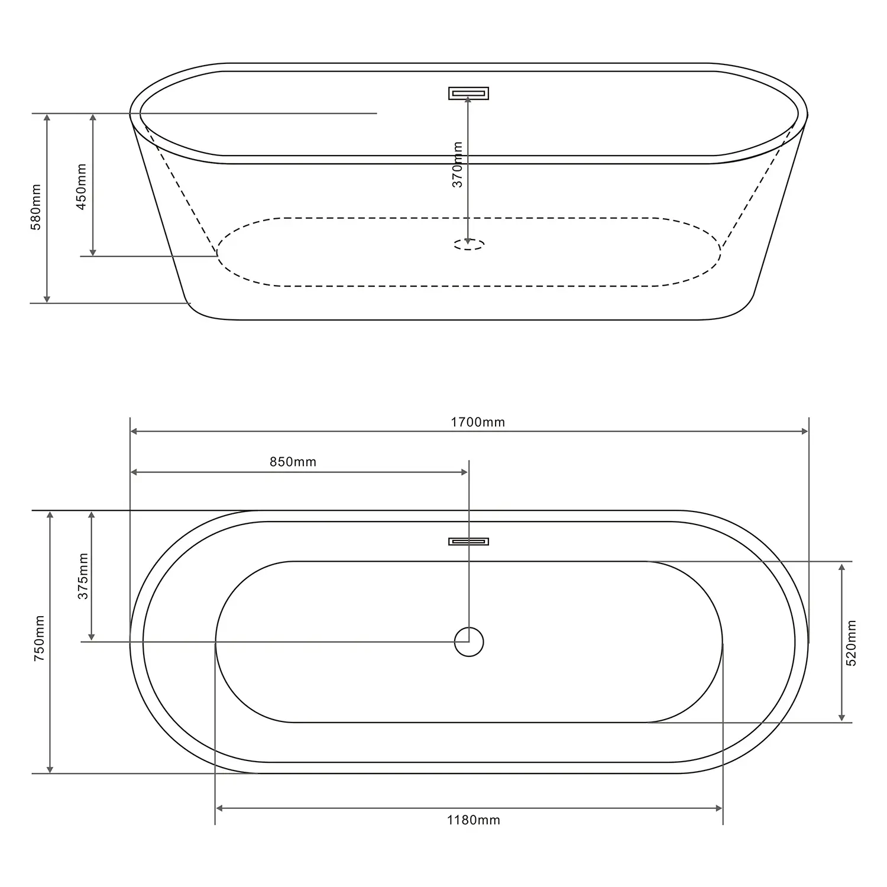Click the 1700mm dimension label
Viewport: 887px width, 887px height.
[x=478, y=422]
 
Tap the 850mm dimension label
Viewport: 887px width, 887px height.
[x=293, y=462]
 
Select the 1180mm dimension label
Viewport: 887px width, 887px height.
[x=473, y=820]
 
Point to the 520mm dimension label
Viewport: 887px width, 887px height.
[x=852, y=643]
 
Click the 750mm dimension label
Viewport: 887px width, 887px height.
[x=39, y=638]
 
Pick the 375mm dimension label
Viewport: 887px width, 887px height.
[x=83, y=576]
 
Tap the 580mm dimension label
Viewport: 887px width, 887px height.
[x=36, y=207]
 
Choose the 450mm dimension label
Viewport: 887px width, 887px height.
[x=82, y=186]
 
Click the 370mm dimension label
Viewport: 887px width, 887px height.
[x=457, y=164]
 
